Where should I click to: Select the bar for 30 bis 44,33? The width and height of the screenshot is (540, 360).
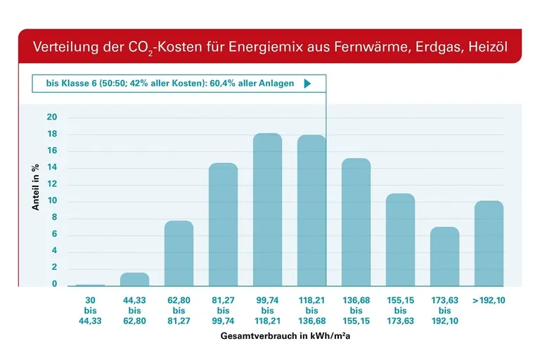tap(91, 285)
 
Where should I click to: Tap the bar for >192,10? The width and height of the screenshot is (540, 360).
tap(489, 243)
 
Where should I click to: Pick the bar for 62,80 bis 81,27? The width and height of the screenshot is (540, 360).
tap(179, 253)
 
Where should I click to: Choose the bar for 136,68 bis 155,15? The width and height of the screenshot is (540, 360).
tap(356, 222)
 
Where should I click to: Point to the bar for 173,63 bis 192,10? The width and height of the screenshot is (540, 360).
tap(444, 256)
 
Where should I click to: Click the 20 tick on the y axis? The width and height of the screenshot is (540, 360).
tap(52, 117)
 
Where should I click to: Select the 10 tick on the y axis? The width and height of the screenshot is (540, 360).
tap(52, 201)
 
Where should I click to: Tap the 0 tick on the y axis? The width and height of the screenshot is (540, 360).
tap(54, 285)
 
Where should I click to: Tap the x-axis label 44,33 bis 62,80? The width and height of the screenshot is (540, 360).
tap(134, 310)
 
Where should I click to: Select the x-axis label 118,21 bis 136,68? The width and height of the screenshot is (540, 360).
tap(311, 310)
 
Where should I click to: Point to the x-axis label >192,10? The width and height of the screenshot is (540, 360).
tap(488, 300)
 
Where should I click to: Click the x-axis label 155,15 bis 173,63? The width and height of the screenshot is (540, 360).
tap(400, 310)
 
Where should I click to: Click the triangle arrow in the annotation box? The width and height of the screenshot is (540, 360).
tap(307, 83)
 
